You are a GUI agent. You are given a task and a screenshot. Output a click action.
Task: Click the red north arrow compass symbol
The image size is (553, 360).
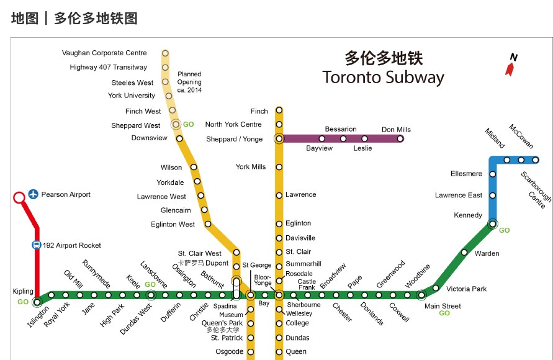coord(511,65)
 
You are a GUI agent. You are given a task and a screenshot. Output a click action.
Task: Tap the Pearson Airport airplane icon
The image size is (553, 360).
coord(33,195)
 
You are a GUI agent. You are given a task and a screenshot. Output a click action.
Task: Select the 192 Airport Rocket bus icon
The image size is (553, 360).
coord(36,245)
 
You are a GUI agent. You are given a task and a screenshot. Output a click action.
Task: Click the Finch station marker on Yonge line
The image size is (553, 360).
coord(279,110)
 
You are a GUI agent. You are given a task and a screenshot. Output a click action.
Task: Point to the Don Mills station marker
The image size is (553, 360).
coord(400,138)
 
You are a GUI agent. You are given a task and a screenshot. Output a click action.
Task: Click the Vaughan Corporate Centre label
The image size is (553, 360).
coord(104,53)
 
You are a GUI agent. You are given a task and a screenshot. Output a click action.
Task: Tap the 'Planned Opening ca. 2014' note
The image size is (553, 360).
coord(189,82)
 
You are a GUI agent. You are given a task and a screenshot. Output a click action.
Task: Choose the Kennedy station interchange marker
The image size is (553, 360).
coord(492,223)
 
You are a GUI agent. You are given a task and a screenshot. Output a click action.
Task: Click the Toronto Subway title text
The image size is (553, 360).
coord(383,78)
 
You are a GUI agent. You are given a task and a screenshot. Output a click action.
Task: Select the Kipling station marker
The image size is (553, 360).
coord(37,302)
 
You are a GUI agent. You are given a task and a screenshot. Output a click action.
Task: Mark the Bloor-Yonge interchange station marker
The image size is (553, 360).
coord(279,295)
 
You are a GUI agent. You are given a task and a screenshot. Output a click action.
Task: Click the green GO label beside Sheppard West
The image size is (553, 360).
coord(189,125)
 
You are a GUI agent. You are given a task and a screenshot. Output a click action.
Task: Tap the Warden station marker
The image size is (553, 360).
coord(464,253)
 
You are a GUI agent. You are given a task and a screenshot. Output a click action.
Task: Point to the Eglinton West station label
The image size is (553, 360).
coord(173,225)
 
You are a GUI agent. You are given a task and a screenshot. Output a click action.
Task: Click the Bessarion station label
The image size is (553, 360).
coord(341,129)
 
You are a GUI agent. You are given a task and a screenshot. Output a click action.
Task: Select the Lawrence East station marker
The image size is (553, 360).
coord(493,196)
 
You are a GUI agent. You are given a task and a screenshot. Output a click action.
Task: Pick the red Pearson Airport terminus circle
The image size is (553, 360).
coord(19,198)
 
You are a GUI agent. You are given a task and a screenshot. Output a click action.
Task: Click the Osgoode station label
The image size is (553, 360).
coord(229,352)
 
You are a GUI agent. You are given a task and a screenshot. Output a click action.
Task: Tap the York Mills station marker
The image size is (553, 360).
coord(279,167)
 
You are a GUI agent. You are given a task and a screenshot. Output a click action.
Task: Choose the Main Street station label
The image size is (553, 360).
coord(443,306)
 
